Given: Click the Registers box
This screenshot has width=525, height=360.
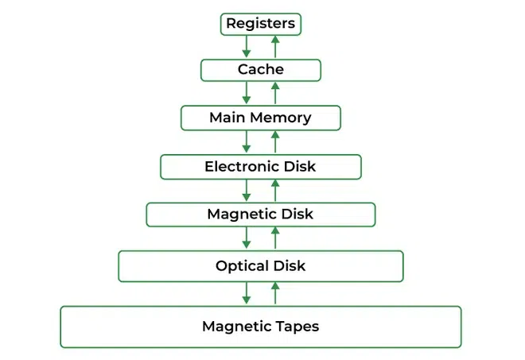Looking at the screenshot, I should [x=261, y=24].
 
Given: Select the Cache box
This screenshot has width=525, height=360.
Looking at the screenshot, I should [x=261, y=71].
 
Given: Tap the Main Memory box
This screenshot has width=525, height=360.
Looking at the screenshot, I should [x=261, y=118].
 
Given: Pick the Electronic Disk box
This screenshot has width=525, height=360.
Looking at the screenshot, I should [x=261, y=167].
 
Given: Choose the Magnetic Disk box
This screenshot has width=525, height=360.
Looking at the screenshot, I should [x=261, y=215].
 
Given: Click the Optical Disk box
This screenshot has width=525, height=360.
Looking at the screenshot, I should [x=261, y=266].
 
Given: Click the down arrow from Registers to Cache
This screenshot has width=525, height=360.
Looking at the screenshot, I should [x=247, y=47].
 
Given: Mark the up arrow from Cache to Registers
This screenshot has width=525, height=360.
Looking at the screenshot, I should [x=275, y=47].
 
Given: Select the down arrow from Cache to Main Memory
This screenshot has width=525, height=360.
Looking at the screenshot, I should [x=247, y=94].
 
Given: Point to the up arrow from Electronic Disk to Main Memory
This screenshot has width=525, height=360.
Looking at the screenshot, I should [x=275, y=142].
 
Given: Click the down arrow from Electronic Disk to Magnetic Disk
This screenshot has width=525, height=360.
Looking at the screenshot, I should [x=247, y=191].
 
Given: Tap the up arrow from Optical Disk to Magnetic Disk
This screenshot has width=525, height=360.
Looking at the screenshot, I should [x=275, y=238].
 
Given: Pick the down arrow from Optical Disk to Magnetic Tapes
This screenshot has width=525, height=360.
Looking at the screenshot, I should [x=247, y=293].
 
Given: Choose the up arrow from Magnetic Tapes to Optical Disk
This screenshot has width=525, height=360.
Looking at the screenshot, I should [x=275, y=293].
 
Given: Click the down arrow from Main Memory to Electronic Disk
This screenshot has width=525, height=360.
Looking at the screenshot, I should [x=247, y=142].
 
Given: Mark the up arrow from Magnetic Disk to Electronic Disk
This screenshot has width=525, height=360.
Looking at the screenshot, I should [x=275, y=191].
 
